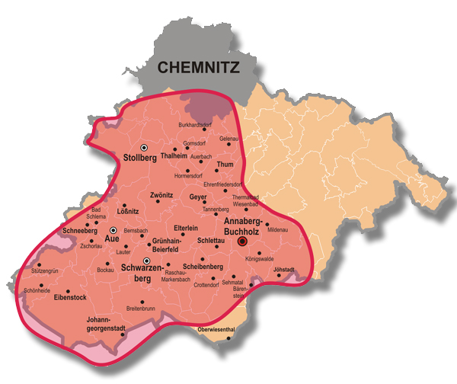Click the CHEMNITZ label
198,67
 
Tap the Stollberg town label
139,158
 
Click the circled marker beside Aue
113,229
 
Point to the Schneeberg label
80,229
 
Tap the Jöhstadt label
283,269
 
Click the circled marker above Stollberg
143,147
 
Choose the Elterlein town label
186,228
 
